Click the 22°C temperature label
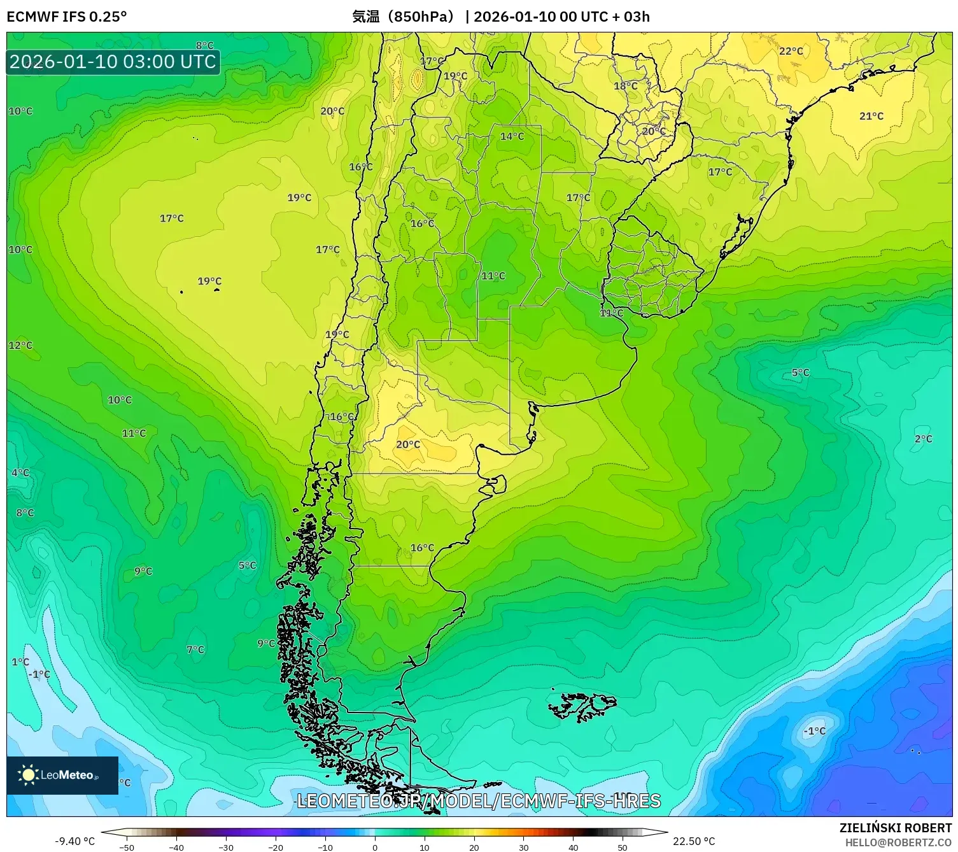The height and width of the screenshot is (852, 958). tap(791, 51)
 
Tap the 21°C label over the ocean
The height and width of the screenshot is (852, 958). tap(871, 116)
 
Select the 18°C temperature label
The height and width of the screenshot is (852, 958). tap(625, 86)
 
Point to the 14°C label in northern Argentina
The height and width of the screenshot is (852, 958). tap(512, 136)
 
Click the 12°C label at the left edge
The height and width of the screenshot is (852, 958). tap(20, 345)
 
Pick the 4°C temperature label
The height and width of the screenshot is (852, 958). tap(20, 472)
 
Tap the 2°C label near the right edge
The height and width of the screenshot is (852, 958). tap(923, 439)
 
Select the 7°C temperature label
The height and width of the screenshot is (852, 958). tap(195, 650)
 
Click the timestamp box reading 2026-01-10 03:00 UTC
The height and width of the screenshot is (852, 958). tap(113, 62)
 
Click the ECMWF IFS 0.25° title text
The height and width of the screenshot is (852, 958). tap(67, 17)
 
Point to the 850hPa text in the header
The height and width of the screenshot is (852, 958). tap(421, 17)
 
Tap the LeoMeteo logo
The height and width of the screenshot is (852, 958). tap(62, 775)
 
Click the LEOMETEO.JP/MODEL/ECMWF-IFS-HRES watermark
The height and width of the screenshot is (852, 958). tap(479, 801)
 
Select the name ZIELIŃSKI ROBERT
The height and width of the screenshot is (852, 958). tap(895, 828)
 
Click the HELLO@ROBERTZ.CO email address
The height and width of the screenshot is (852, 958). tap(898, 842)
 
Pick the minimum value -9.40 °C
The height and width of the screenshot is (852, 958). tap(74, 841)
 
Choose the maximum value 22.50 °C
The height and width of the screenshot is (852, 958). tap(694, 841)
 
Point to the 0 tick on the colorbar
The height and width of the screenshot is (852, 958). tap(375, 847)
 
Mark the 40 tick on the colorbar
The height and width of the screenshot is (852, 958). tap(573, 847)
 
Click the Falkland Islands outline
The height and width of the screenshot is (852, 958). tap(582, 706)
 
